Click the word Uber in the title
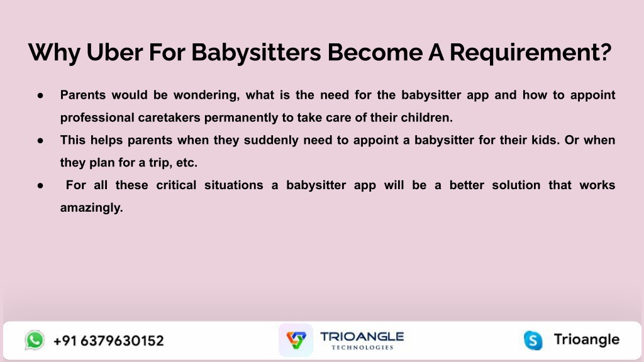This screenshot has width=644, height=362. pos(114,52)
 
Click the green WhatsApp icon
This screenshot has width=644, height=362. pos(35,340)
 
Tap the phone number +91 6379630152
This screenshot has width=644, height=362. pos(108,341)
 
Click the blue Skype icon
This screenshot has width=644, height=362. pos(533,340)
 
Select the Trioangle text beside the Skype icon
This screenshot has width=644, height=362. pos(587,340)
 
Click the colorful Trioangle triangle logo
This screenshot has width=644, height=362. pos(296,340)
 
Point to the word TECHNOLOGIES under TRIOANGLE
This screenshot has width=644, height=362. pos(362,347)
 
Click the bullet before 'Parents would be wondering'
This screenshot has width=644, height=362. pos(40,96)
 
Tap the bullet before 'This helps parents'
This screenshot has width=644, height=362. pos(40,140)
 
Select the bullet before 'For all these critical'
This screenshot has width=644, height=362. pos(40,185)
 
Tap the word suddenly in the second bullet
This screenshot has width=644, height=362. pos(271,140)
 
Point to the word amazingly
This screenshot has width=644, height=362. pos(92,208)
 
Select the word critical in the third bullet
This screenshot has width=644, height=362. pos(176,185)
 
